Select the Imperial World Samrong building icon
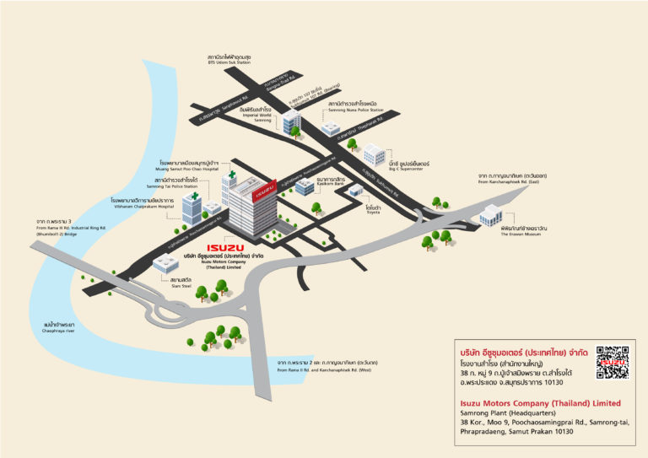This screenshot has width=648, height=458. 291,122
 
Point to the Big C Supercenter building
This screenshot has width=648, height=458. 373,155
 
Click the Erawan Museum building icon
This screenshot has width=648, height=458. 492,217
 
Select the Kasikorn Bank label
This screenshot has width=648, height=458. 332,181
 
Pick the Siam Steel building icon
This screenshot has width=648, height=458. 165,264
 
